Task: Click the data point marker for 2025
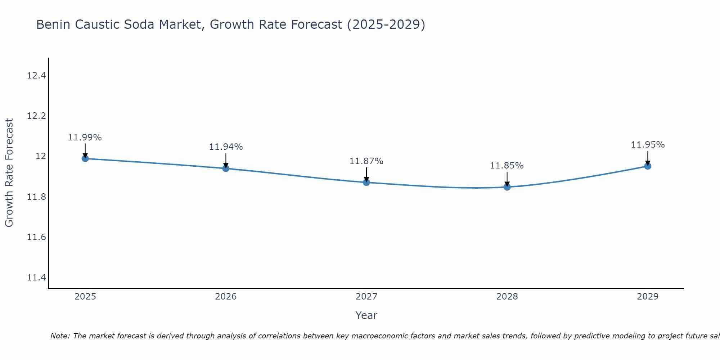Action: (x=85, y=158)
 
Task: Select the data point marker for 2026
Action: (x=226, y=168)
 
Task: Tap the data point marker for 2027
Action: (x=366, y=182)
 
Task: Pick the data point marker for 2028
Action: (x=507, y=186)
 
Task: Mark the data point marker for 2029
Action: (x=648, y=166)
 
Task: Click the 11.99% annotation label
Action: (x=85, y=138)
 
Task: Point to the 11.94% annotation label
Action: (x=226, y=147)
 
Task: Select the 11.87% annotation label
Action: (x=366, y=161)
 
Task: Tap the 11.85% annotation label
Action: (x=507, y=166)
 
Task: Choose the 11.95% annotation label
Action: (x=648, y=145)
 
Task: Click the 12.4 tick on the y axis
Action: (x=36, y=76)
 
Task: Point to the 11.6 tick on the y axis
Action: (x=36, y=237)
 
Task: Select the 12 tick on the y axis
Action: (x=41, y=156)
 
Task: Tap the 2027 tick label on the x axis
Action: (x=366, y=297)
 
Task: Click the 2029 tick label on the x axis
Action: (x=648, y=297)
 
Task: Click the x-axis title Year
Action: (x=366, y=315)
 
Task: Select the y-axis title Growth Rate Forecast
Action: (x=9, y=173)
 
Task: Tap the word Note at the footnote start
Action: (x=60, y=336)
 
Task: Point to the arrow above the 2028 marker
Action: (x=507, y=178)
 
